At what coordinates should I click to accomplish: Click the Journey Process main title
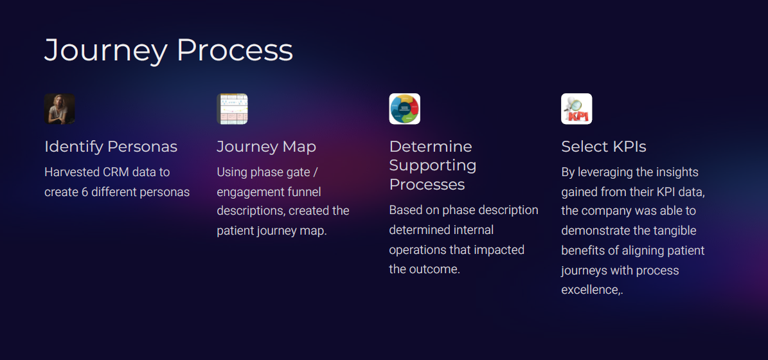[x=168, y=50]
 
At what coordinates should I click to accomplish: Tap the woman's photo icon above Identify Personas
[x=60, y=109]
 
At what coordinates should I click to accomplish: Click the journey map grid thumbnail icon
[x=232, y=109]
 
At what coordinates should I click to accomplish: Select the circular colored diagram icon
[x=404, y=109]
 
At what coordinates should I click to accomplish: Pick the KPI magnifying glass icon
[x=576, y=109]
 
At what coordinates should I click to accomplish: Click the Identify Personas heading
[x=111, y=147]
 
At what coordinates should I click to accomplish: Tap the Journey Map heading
[x=266, y=147]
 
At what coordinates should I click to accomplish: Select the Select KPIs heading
[x=603, y=147]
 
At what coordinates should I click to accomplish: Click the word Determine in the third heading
[x=431, y=147]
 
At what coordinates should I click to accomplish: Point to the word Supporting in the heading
[x=433, y=165]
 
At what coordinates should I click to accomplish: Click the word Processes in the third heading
[x=427, y=184]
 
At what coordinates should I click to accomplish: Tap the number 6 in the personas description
[x=85, y=192]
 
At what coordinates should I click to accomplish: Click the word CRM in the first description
[x=116, y=172]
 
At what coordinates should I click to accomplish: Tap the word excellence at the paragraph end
[x=590, y=290]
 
